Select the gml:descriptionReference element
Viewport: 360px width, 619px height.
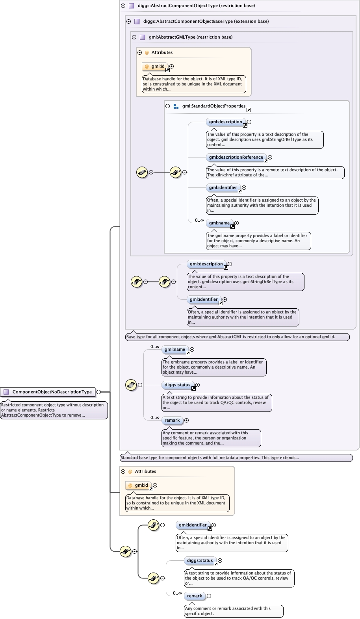coord(236,157)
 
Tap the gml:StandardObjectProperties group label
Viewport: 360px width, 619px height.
coord(213,106)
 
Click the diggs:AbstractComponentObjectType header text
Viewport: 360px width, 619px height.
coord(196,6)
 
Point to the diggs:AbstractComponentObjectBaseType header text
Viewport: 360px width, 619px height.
coord(206,21)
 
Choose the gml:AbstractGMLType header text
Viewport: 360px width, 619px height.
coord(190,37)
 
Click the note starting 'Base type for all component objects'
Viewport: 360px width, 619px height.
coord(237,337)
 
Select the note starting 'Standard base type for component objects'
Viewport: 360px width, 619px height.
coord(236,458)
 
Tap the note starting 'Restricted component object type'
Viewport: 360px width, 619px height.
coord(54,410)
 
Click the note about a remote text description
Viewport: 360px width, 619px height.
coord(275,172)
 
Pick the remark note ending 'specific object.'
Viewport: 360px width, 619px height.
coord(234,611)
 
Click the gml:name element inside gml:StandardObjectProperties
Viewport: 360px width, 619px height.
coord(219,223)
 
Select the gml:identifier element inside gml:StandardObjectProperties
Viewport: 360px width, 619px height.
coord(223,187)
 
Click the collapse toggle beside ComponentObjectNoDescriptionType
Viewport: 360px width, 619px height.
coord(98,392)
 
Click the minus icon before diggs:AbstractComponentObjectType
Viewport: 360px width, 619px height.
coord(123,6)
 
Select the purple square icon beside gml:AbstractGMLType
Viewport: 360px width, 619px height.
coord(142,37)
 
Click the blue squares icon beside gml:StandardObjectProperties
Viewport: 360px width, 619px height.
coord(176,106)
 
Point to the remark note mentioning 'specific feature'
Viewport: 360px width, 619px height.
coord(211,438)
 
